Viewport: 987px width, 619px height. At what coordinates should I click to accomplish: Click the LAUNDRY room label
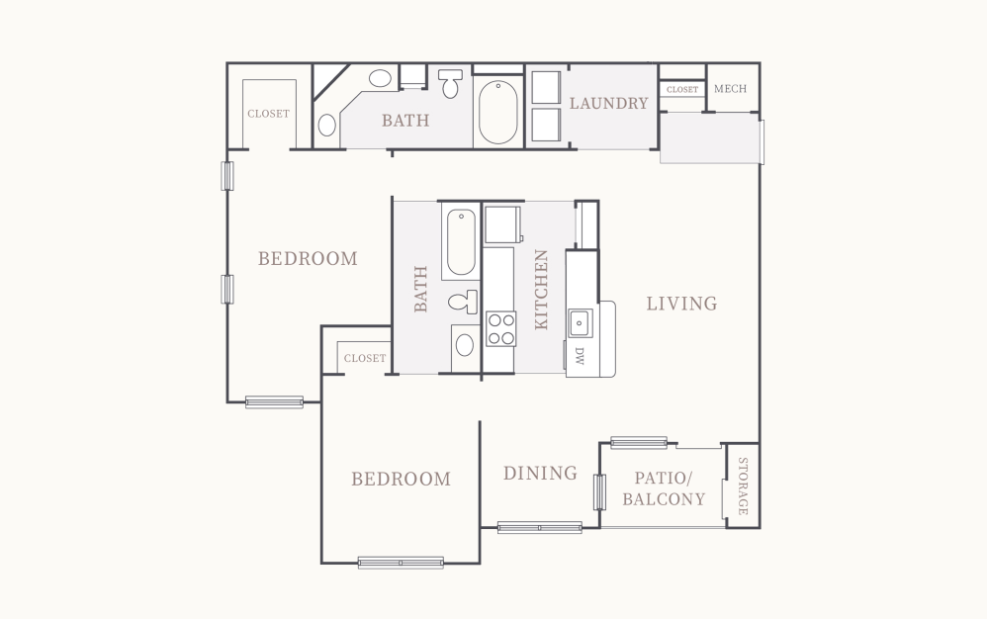(608, 103)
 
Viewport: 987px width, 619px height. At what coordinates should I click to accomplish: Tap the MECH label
(730, 89)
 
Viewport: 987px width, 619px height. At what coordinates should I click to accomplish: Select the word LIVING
(681, 304)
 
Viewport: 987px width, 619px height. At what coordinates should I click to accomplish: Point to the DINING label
(540, 474)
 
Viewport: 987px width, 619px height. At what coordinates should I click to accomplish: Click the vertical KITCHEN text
(541, 289)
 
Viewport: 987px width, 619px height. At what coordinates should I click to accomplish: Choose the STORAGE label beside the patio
(743, 486)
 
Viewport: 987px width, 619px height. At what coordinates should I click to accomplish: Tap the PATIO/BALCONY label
(664, 488)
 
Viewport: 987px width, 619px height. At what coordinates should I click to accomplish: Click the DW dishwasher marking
(580, 357)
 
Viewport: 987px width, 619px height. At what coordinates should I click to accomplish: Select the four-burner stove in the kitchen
(500, 328)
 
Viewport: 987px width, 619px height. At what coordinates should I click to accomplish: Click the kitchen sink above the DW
(580, 323)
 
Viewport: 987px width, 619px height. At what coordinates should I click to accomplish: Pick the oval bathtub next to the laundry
(497, 114)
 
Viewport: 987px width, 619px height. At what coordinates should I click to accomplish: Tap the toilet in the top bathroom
(451, 84)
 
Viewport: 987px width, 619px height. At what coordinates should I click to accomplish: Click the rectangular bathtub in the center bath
(460, 243)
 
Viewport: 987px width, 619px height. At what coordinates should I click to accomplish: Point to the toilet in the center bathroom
(460, 303)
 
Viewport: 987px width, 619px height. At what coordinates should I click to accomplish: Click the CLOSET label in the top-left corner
(268, 114)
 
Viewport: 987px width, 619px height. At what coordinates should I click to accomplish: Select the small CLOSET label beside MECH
(681, 90)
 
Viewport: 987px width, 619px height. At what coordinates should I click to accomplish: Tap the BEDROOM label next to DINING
(401, 480)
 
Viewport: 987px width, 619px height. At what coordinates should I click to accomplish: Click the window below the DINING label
(539, 527)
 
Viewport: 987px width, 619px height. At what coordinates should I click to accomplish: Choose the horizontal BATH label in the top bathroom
(405, 122)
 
